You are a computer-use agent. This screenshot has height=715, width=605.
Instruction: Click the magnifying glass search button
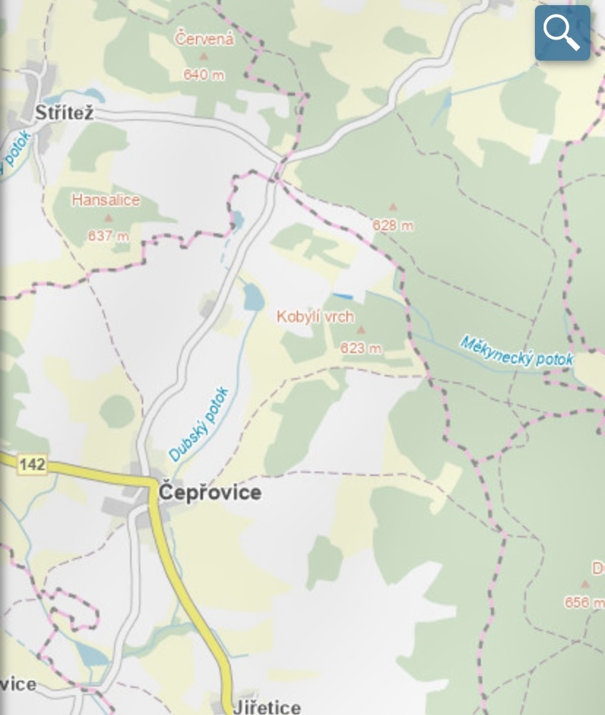[x=562, y=33]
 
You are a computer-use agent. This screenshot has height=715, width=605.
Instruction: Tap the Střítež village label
[x=65, y=113]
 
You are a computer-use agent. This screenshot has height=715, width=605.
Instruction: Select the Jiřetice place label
[x=267, y=706]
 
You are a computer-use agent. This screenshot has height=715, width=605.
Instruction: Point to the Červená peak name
[x=205, y=39]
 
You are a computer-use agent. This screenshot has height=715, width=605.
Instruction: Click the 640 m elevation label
[x=205, y=75]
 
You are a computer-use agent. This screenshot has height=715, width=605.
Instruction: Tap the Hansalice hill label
[x=106, y=200]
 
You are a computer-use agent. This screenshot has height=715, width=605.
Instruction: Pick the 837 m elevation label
[x=108, y=235]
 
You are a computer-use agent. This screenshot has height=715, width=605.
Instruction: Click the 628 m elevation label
[x=392, y=225]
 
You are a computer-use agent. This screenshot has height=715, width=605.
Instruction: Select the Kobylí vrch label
[x=315, y=317]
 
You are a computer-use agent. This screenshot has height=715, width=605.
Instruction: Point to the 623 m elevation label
[x=361, y=348]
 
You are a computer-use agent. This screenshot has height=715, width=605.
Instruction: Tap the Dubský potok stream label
[x=199, y=425]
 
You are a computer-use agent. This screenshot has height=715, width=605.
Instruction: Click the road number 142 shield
[x=32, y=464]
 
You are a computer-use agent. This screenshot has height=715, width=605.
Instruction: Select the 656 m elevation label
[x=584, y=602]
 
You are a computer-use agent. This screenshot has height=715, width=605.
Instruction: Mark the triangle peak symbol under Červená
[x=205, y=56]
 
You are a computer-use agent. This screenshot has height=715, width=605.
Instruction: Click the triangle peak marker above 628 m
[x=393, y=208]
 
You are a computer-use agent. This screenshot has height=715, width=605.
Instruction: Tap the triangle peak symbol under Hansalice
[x=109, y=218]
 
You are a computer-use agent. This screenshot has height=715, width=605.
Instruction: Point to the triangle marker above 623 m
[x=360, y=330]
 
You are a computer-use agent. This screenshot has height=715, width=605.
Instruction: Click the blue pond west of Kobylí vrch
[x=252, y=297]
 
